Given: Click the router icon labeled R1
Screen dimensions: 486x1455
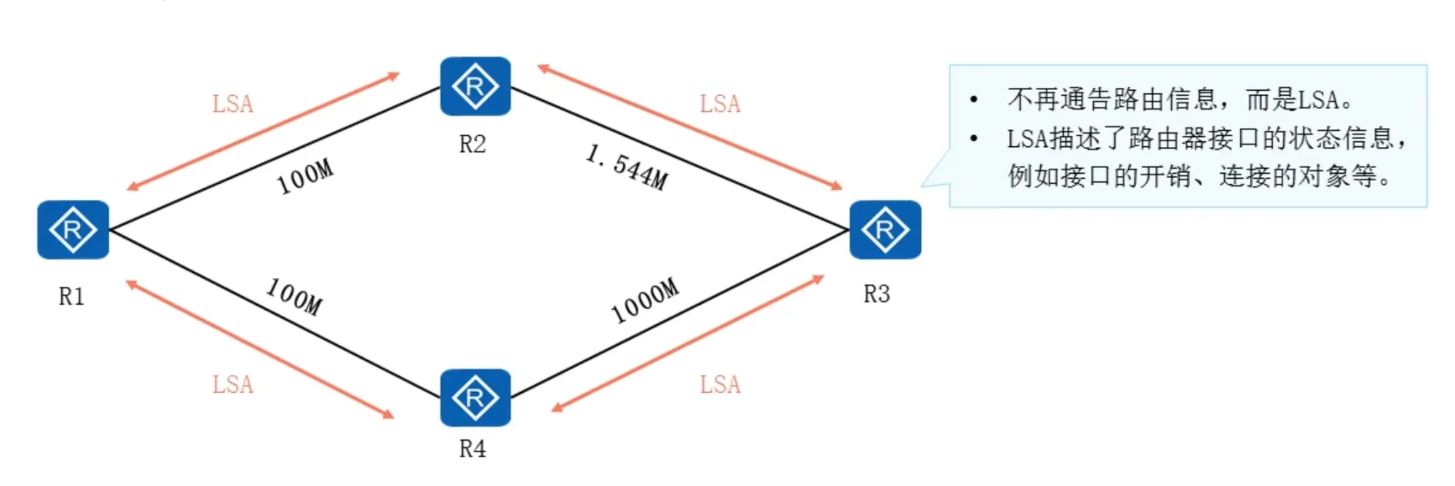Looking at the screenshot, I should tap(73, 230).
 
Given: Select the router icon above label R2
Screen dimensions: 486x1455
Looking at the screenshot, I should tap(475, 86).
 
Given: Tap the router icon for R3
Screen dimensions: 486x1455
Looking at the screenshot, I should tap(885, 230).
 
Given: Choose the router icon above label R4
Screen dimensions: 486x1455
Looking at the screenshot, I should tap(475, 397).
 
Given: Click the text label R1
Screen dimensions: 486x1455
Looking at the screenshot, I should tap(72, 296).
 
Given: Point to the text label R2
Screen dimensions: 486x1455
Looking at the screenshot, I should tap(473, 144).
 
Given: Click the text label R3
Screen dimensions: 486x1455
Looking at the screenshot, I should tap(877, 294).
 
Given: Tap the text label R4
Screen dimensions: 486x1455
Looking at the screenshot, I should tap(473, 449).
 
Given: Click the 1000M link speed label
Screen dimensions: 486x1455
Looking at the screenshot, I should tap(644, 301).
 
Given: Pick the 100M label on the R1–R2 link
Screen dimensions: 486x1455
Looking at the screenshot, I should tap(305, 176).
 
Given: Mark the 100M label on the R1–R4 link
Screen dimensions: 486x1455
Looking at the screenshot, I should tap(295, 296).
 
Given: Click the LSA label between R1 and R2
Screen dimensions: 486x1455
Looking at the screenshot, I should tap(233, 104).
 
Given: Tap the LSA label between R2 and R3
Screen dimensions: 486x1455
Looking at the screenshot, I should tap(720, 104).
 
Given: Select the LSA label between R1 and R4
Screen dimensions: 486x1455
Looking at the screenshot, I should tap(233, 384).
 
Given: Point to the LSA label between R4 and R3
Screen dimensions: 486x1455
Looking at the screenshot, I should tap(720, 384).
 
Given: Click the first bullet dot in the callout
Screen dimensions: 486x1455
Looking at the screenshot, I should tap(974, 100).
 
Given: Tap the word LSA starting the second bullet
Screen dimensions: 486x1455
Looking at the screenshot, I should tap(1028, 139).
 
